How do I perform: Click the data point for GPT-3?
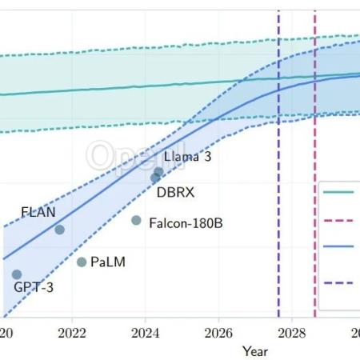[17, 274]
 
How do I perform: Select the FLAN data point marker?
[59, 230]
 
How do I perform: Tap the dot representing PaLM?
[82, 262]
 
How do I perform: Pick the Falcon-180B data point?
[136, 220]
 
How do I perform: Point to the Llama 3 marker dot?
[158, 172]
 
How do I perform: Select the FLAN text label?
[38, 212]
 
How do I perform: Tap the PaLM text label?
[108, 262]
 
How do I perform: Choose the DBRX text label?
[175, 193]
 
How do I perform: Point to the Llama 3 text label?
[187, 157]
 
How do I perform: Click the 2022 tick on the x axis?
[73, 332]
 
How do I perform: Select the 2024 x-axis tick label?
[146, 332]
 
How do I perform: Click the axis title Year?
[255, 350]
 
